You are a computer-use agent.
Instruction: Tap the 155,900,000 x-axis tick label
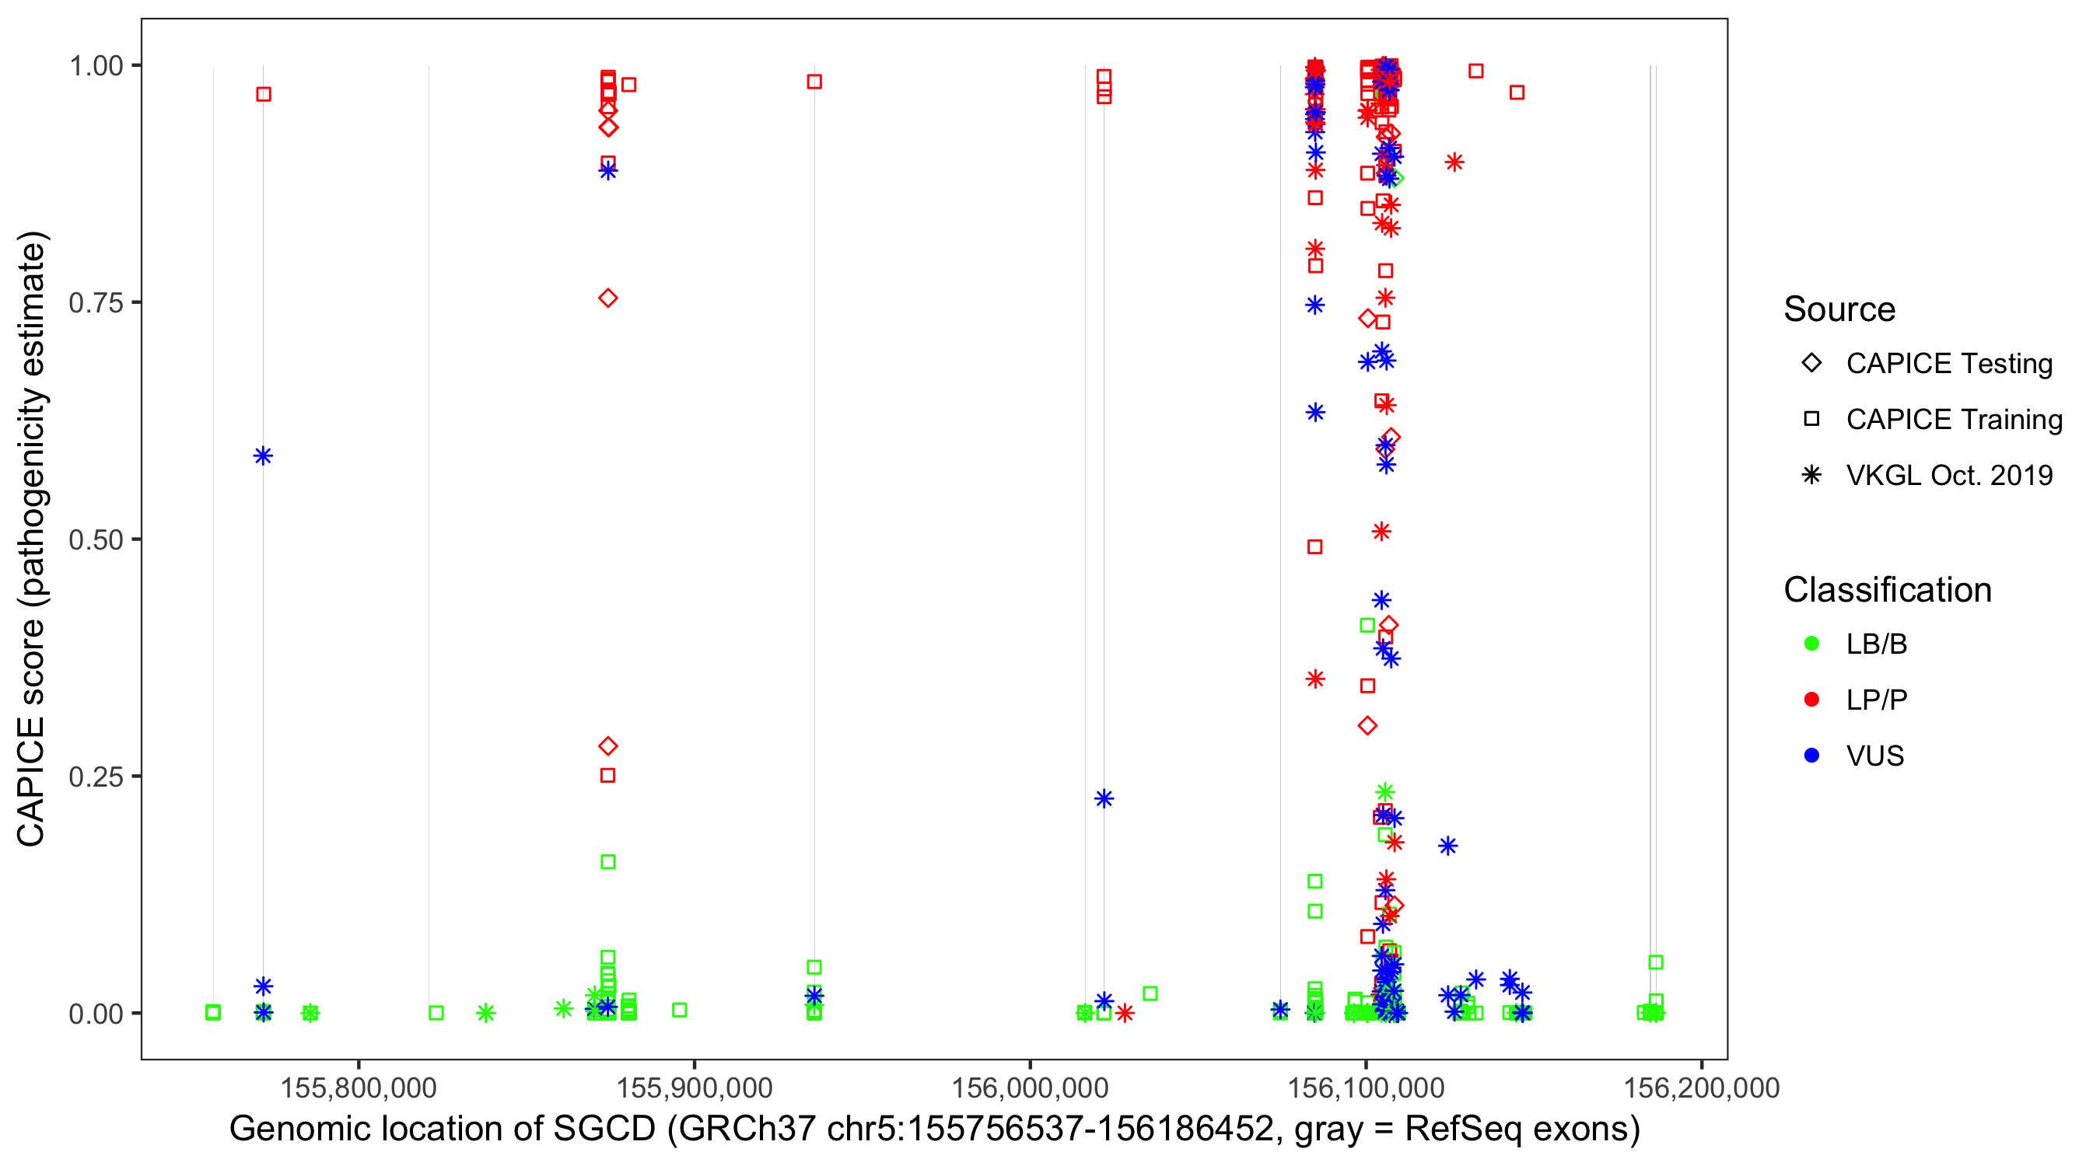[x=694, y=1087]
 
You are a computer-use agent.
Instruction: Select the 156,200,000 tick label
[x=1701, y=1087]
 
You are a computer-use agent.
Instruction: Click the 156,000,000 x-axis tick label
[x=1030, y=1087]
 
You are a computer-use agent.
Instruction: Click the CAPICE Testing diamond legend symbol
[x=1811, y=364]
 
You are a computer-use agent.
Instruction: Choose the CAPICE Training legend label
[x=1954, y=420]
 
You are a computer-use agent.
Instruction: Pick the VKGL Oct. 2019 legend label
[x=1949, y=476]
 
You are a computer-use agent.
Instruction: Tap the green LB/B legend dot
[x=1811, y=644]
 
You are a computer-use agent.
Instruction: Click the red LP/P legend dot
[x=1811, y=700]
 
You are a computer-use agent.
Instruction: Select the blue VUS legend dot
[x=1811, y=756]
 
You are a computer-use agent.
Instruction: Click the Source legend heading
[x=1839, y=309]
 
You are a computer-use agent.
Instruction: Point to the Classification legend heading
[x=1887, y=590]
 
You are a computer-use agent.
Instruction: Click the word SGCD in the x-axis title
[x=605, y=1129]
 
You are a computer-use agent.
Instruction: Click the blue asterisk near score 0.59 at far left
[x=263, y=456]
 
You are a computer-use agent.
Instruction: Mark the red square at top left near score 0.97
[x=264, y=95]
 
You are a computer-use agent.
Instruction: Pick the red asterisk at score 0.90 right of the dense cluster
[x=1454, y=163]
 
